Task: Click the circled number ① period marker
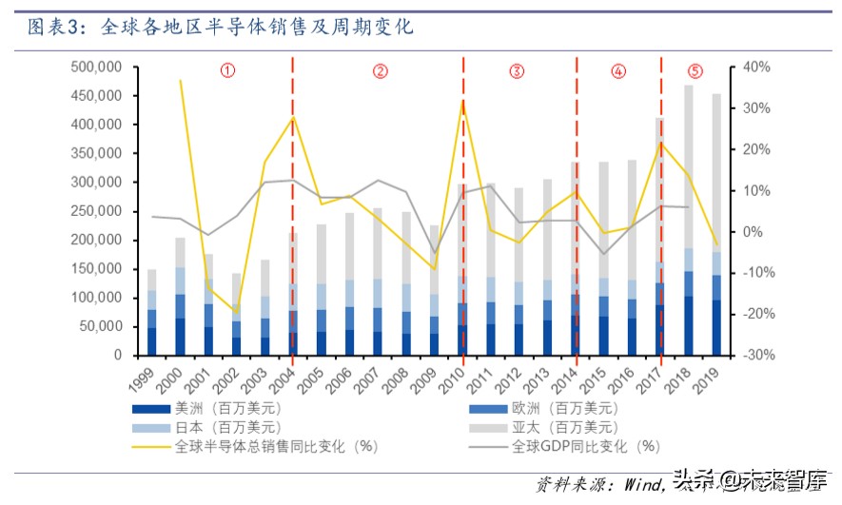click(227, 70)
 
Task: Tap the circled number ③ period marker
click(517, 70)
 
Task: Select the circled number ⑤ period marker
click(695, 70)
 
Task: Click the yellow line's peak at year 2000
click(181, 81)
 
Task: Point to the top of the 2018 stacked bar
click(688, 86)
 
